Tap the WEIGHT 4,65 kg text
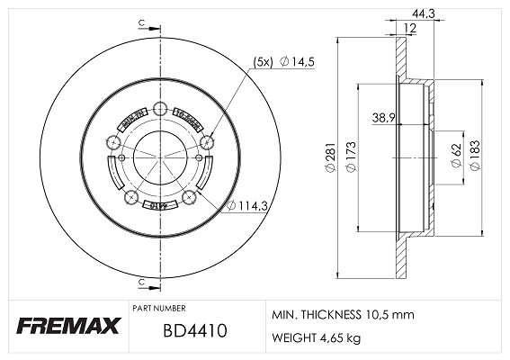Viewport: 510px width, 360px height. (317, 338)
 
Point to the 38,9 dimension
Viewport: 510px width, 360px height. (384, 118)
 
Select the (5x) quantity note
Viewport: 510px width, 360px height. (264, 61)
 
